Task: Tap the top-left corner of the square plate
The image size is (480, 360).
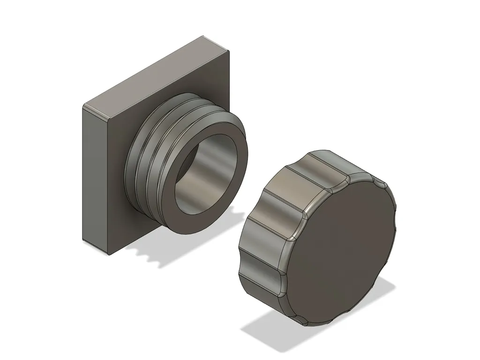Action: pos(85,105)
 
